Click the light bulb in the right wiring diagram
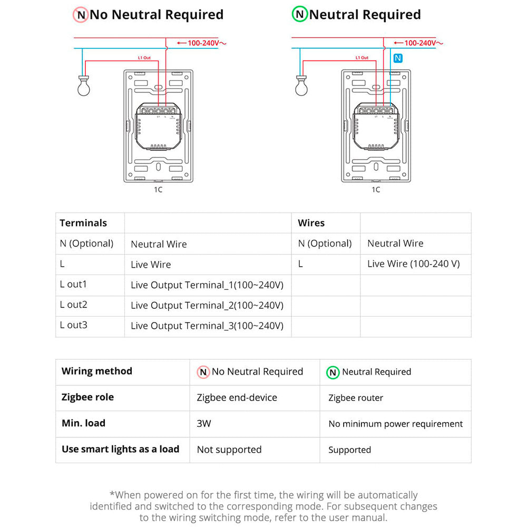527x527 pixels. coord(301,87)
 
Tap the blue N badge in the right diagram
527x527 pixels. coord(397,58)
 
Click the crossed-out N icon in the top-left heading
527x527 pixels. coord(81,15)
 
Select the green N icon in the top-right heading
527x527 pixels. coord(300,15)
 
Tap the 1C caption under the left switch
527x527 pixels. coord(158,190)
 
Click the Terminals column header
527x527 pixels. coord(83,223)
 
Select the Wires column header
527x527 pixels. coord(311,223)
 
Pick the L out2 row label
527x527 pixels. coord(74,305)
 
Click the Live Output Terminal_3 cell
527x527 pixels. coord(207,326)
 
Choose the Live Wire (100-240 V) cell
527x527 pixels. coord(413,264)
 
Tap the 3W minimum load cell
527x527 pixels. coord(204,423)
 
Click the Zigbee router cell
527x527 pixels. coord(356,398)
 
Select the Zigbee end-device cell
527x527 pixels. coord(237,398)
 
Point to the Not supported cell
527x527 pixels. coord(229,450)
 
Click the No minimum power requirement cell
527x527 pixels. coord(395,424)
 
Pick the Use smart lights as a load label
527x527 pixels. coord(120,449)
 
